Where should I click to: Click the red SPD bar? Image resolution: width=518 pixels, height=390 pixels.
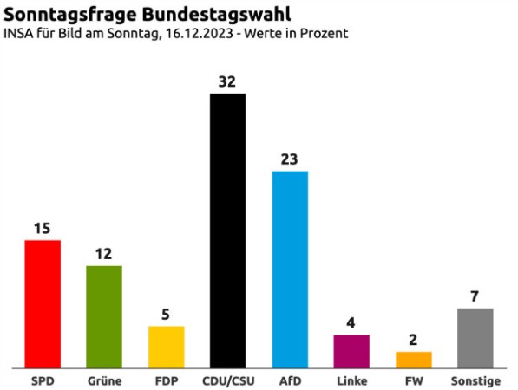42,303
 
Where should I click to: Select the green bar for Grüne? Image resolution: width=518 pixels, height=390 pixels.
104,316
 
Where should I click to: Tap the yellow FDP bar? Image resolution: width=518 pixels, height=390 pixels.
166,347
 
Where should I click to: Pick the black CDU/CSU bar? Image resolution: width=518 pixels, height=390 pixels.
228,230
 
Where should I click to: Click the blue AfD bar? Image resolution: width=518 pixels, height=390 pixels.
290,269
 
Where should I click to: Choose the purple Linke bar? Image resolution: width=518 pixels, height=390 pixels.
351,351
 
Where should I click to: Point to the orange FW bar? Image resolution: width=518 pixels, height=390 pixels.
413,360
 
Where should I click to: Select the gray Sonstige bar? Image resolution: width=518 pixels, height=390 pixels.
475,338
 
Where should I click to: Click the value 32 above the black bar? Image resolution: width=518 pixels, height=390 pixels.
228,81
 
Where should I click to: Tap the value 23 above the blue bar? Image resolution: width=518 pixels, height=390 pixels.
290,159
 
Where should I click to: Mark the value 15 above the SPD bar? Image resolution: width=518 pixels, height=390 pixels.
42,229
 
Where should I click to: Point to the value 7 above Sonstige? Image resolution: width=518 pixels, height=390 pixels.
475,296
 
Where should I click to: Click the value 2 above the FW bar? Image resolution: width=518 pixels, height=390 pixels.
413,340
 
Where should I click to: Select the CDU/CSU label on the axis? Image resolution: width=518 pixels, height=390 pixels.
228,381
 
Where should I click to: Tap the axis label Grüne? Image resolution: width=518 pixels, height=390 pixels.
104,381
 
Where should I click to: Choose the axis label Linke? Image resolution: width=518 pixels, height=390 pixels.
351,381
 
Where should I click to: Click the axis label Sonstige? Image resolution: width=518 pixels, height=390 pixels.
475,381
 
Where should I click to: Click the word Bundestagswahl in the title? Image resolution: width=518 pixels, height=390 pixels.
203,15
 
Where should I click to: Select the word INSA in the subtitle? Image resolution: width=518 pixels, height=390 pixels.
20,34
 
